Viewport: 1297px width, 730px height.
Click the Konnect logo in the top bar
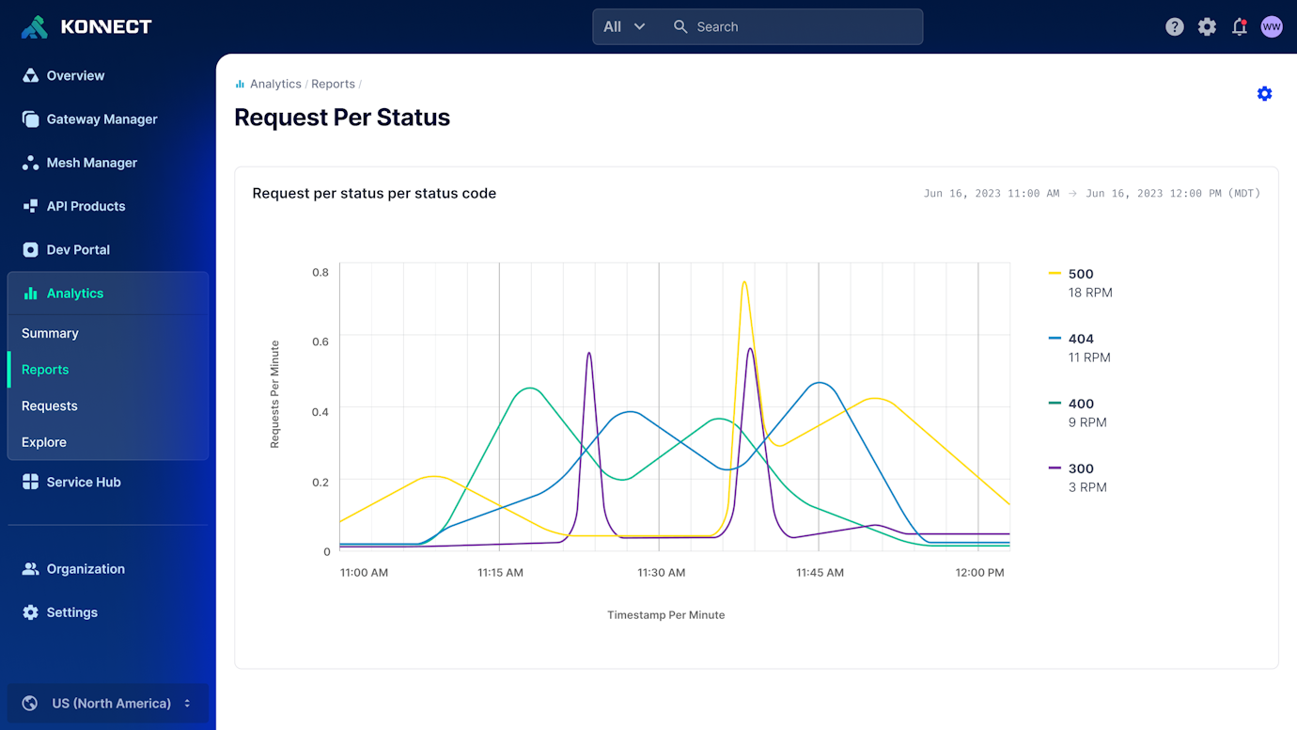coord(86,26)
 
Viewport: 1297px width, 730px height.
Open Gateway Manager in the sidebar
coord(102,119)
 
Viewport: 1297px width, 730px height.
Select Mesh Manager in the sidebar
coord(91,163)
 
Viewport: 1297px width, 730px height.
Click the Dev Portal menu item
coord(78,249)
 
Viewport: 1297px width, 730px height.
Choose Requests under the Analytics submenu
coord(50,405)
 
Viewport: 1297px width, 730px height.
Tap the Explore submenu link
coord(44,442)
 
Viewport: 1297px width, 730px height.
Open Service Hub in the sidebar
coord(83,482)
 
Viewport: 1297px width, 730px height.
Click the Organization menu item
coord(85,569)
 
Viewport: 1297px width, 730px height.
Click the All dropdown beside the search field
coord(624,26)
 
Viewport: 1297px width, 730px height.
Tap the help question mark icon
coord(1174,26)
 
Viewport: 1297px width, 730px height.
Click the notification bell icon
coord(1239,26)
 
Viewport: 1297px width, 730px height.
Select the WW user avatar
coord(1271,26)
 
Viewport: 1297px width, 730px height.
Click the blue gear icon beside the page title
coord(1264,94)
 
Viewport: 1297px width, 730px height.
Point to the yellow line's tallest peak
coord(744,282)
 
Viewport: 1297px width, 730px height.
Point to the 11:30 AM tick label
coord(661,572)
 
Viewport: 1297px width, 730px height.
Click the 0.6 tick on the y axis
coord(320,341)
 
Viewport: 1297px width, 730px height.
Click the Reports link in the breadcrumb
coord(333,84)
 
